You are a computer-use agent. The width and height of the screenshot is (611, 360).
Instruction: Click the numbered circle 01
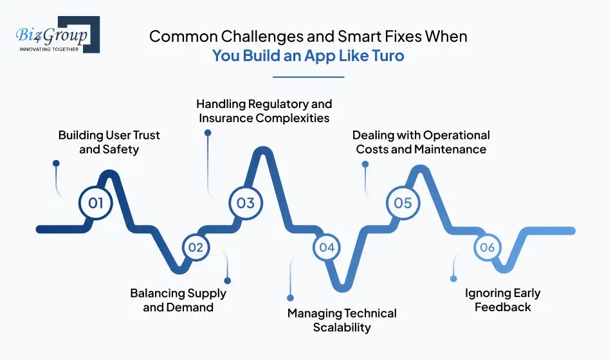[95, 203]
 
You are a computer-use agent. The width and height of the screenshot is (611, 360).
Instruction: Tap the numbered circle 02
[196, 247]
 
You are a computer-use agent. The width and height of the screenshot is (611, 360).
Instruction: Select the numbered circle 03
[246, 203]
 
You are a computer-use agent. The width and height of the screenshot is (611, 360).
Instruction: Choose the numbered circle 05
[403, 203]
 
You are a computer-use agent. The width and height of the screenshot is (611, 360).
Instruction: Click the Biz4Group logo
[58, 35]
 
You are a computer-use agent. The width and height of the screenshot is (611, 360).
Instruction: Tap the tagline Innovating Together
[50, 49]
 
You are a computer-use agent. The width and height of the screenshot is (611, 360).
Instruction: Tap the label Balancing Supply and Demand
[178, 300]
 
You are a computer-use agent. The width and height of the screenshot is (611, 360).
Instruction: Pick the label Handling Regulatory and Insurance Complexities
[264, 111]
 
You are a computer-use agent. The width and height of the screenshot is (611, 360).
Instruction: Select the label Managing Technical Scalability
[342, 320]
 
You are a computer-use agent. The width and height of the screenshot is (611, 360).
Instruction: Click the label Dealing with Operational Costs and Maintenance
[421, 142]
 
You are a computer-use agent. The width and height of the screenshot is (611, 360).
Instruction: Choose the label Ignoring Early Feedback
[502, 300]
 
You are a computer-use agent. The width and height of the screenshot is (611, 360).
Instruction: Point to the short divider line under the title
[309, 76]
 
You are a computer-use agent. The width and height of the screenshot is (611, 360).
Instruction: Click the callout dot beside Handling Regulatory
[208, 133]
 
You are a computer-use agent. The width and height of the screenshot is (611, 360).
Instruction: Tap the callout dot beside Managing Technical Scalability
[290, 298]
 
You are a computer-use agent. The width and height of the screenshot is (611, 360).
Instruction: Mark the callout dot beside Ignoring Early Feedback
[453, 279]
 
